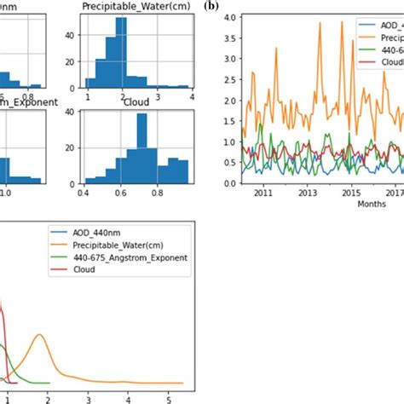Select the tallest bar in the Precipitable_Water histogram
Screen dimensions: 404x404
(x=121, y=51)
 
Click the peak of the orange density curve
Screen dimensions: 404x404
(x=39, y=335)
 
